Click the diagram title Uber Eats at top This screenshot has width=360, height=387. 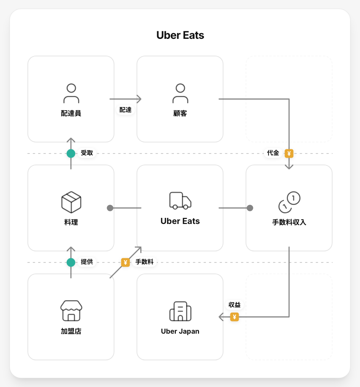pos(180,35)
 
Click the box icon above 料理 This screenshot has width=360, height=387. pos(71,202)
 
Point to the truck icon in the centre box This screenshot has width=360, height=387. pos(180,201)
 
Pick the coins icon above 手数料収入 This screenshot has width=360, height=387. pos(289,202)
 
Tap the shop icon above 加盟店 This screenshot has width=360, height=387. pos(71,310)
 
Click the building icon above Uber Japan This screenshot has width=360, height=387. pos(180,311)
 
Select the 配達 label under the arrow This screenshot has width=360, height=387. pos(125,110)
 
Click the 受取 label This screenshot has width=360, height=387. pos(87,153)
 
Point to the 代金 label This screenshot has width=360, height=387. pos(273,153)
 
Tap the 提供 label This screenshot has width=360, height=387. pos(87,262)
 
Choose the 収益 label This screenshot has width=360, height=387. pos(235,305)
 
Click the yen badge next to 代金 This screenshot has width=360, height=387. pos(289,154)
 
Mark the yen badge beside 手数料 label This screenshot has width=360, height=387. pos(125,262)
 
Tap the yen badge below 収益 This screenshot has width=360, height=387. pos(235,317)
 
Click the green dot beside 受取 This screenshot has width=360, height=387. pos(71,154)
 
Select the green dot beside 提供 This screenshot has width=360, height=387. pos(71,262)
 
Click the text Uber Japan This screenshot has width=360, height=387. pos(180,331)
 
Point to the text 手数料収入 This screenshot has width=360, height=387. pos(289,222)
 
